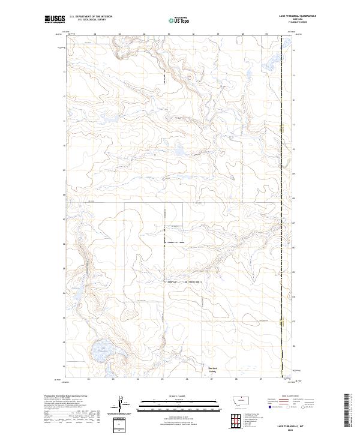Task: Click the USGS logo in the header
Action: tap(55, 19)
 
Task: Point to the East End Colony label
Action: tap(212, 370)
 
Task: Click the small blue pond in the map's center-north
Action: tap(179, 151)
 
